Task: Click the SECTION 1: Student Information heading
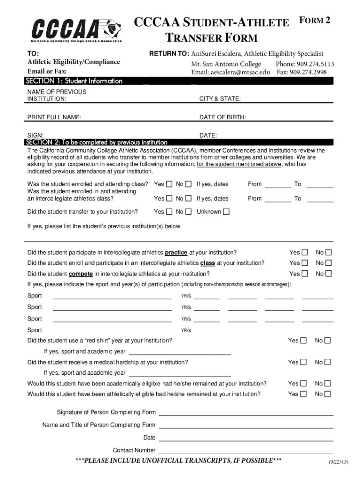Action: (x=75, y=81)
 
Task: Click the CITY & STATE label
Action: (x=220, y=99)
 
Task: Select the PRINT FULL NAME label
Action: (x=55, y=117)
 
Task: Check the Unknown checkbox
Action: (x=226, y=212)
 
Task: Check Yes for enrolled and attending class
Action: (x=169, y=184)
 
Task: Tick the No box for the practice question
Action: (x=328, y=253)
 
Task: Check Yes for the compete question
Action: (x=304, y=274)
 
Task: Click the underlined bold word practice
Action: (x=176, y=253)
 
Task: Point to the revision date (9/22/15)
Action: (x=338, y=462)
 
